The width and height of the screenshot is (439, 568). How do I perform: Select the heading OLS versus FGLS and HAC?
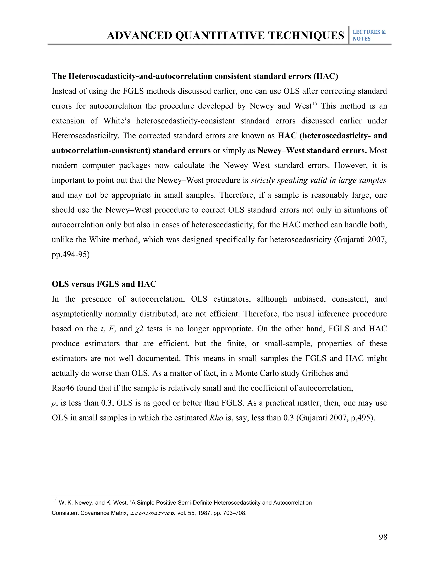pos(104,284)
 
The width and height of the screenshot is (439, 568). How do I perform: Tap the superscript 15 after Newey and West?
pos(314,104)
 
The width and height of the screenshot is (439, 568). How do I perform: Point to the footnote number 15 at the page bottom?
pos(54,500)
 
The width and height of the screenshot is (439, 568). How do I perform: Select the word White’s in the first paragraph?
pos(117,121)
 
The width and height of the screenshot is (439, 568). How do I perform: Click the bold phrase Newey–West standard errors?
pos(312,151)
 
